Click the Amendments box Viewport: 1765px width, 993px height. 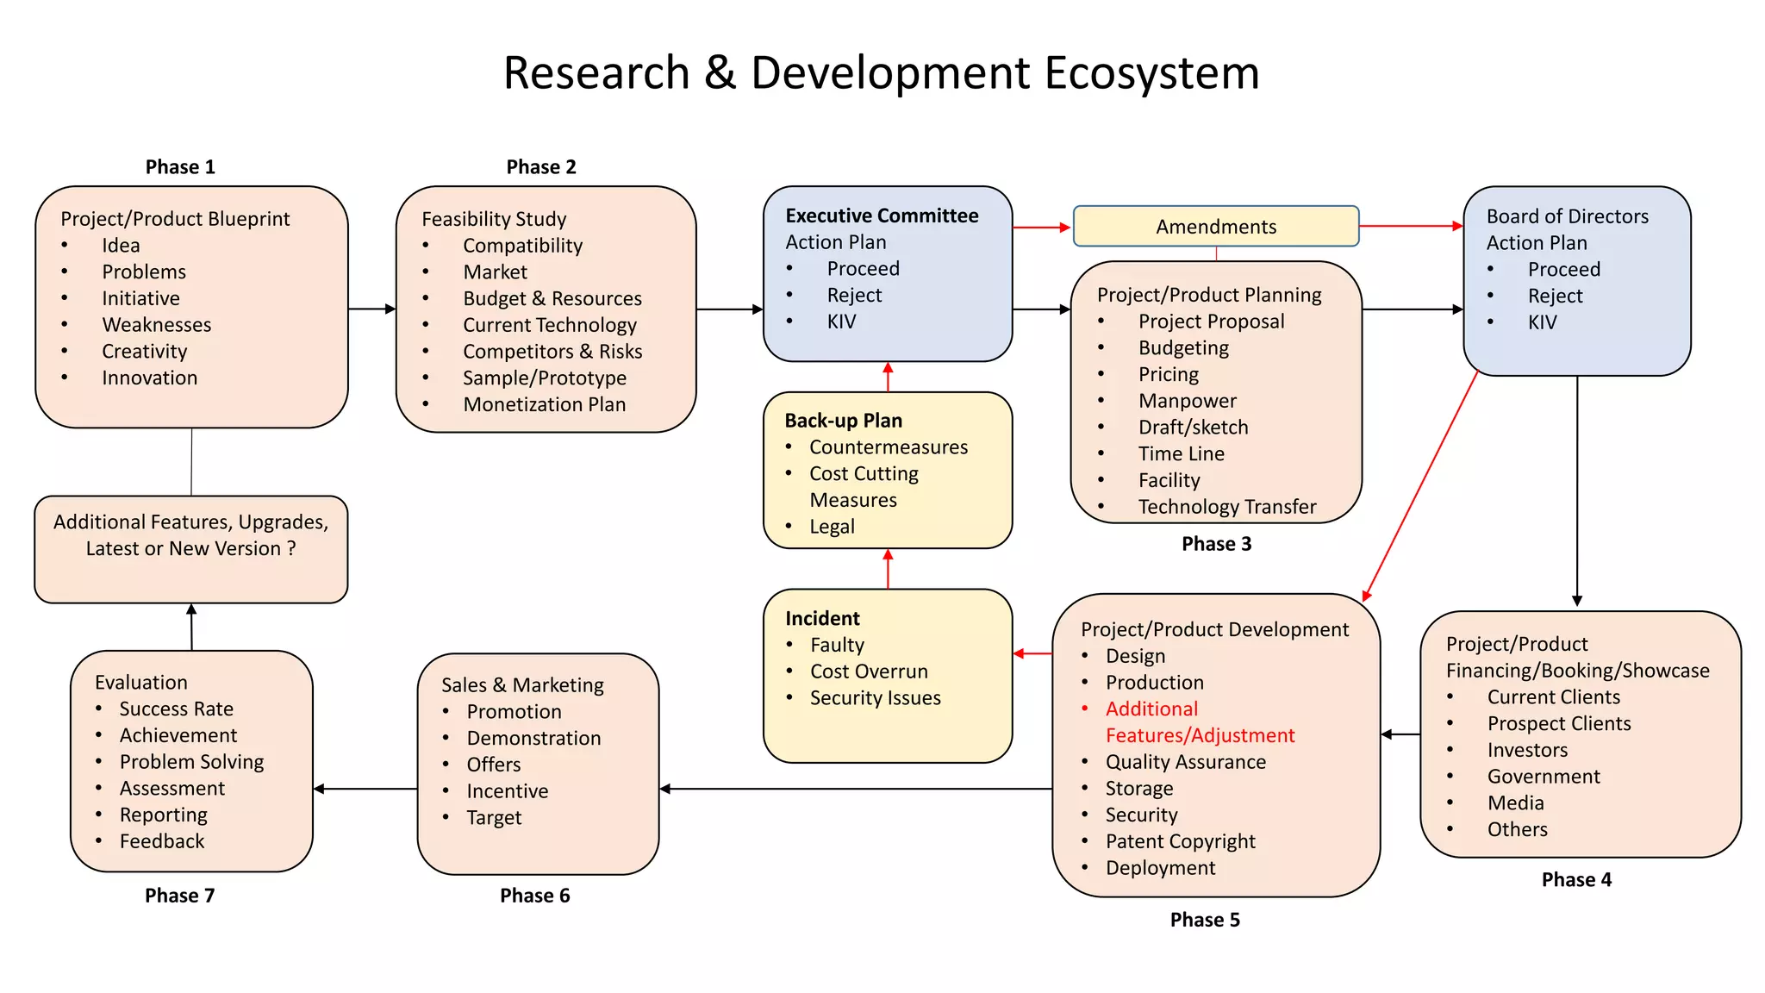click(1215, 226)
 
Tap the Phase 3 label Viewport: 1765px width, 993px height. click(1216, 544)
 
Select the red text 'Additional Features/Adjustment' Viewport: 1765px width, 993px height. click(1199, 722)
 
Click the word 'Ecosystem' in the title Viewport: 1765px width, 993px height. click(1151, 72)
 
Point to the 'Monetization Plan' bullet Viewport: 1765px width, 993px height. click(544, 404)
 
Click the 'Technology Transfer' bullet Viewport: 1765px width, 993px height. click(1226, 507)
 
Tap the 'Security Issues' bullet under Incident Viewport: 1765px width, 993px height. click(875, 698)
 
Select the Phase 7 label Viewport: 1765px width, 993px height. click(179, 896)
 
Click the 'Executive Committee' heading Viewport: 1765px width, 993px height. click(882, 215)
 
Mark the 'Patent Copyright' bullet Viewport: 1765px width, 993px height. click(1180, 841)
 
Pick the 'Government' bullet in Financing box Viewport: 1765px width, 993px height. click(1543, 777)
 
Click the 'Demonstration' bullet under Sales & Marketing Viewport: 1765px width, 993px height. click(533, 739)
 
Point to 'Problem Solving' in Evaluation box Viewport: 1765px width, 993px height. click(191, 762)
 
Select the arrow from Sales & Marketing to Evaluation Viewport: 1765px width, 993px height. click(365, 789)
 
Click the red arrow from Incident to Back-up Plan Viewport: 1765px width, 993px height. click(888, 569)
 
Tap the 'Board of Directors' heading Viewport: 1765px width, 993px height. click(1567, 216)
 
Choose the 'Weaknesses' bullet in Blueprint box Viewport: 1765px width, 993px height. click(156, 325)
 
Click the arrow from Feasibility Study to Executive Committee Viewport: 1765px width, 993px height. click(729, 309)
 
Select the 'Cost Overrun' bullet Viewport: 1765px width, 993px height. click(869, 671)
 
